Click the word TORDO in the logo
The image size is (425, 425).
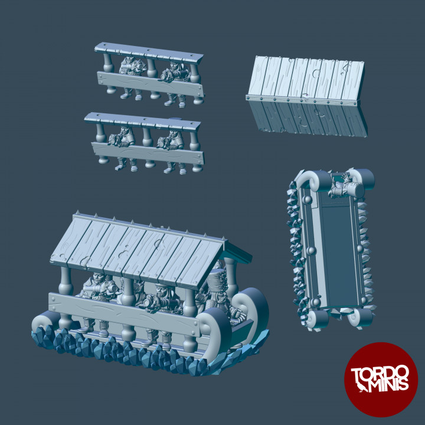coord(381,374)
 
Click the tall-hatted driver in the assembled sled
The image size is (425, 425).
coord(217,289)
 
